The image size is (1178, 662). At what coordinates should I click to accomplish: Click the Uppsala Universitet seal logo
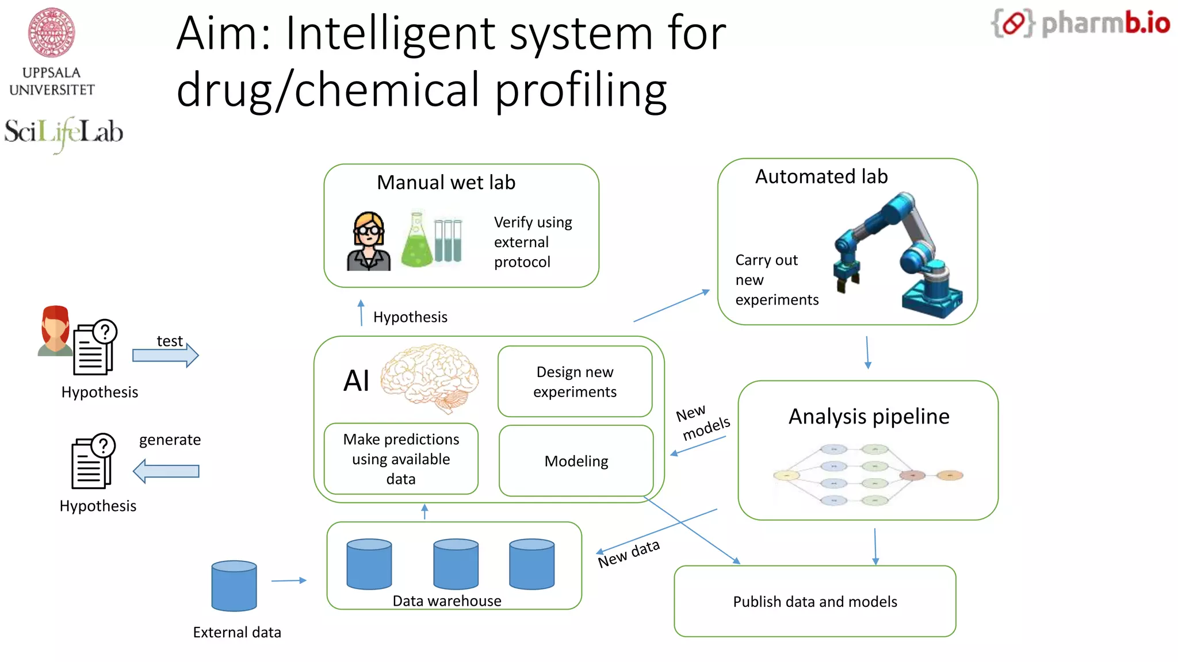pos(52,33)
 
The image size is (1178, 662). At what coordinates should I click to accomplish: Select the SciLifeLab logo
pos(63,133)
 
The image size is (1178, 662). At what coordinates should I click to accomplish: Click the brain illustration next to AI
pos(430,376)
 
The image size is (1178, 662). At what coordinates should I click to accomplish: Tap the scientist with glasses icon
pos(369,241)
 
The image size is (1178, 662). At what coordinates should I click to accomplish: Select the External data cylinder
pos(234,586)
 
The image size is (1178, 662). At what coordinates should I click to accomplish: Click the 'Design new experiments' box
pos(575,382)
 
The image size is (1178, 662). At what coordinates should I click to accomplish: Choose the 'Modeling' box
pos(576,461)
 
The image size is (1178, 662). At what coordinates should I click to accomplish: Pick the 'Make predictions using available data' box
pos(401,459)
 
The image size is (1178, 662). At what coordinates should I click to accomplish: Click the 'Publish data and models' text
pos(814,602)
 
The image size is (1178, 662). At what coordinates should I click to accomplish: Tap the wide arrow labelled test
pos(166,355)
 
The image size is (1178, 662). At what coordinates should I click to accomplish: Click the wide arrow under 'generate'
pos(166,471)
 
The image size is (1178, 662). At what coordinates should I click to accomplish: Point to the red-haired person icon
pos(55,331)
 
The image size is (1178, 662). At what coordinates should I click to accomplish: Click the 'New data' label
pos(629,553)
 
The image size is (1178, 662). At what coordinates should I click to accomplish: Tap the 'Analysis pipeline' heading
pos(869,416)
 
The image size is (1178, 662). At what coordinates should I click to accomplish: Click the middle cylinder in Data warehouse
pos(456,564)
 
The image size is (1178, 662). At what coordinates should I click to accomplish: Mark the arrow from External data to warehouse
pos(289,580)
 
